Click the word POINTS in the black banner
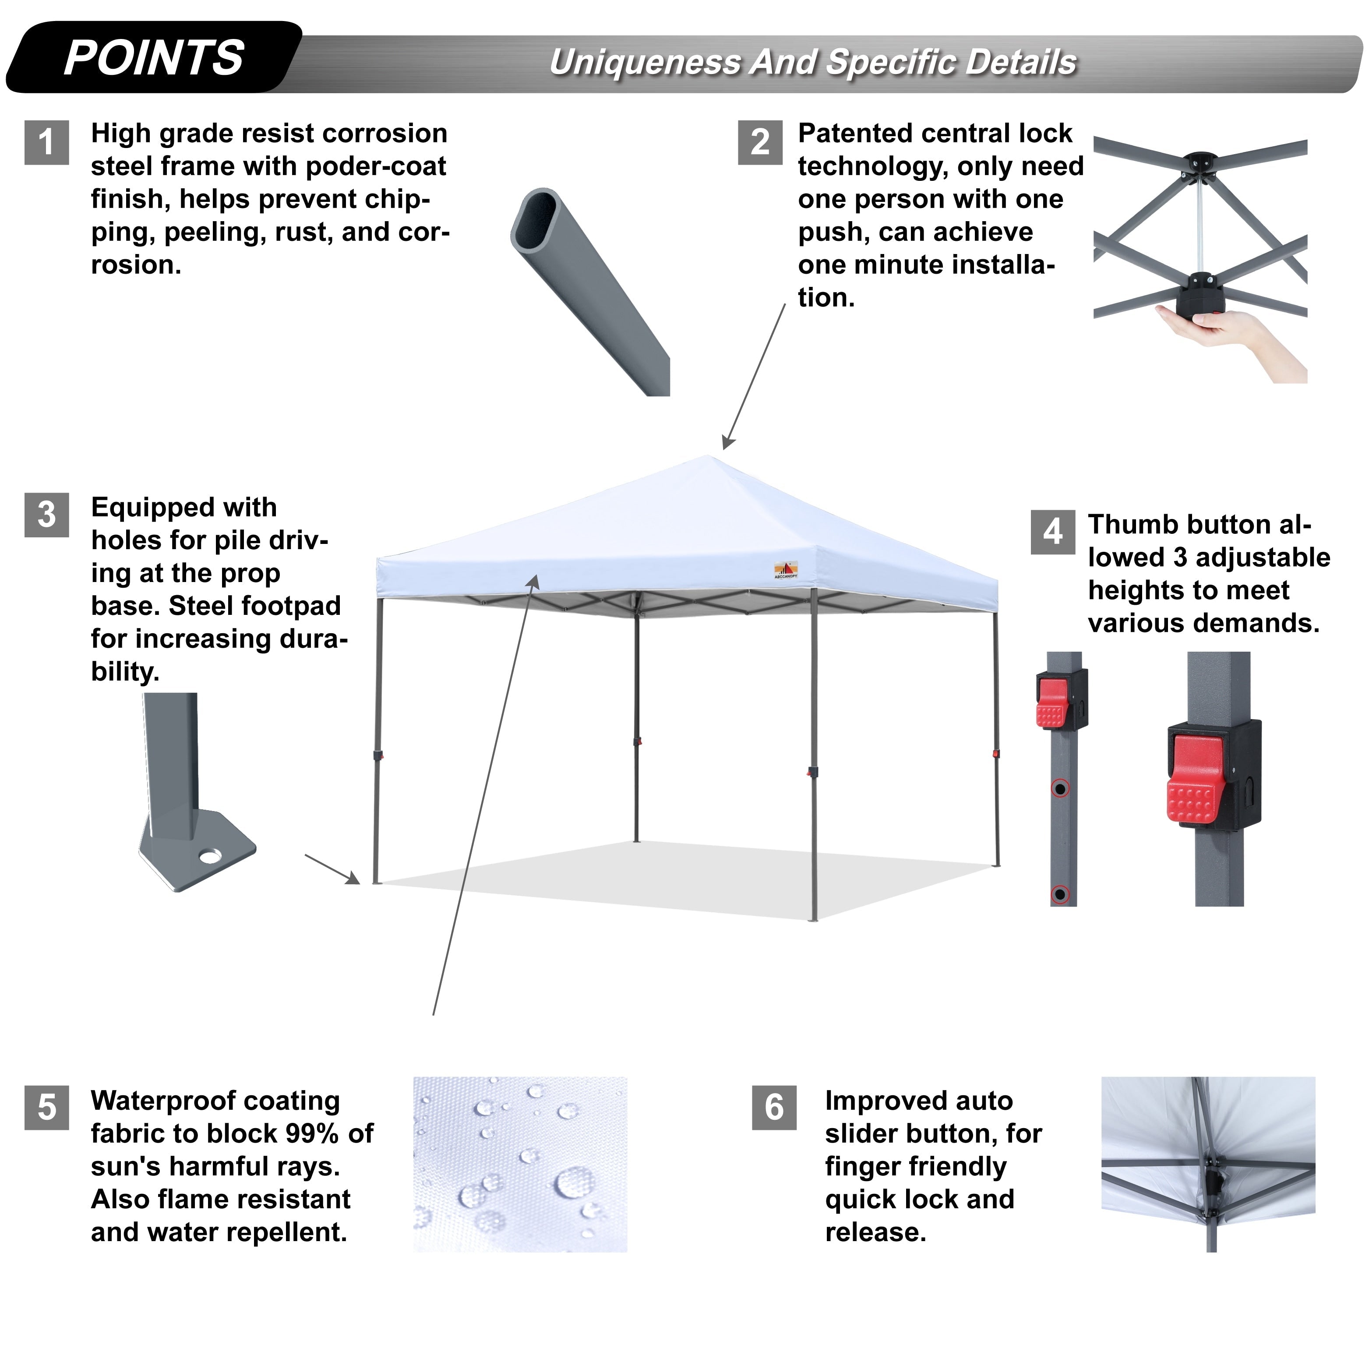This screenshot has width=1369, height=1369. click(x=154, y=58)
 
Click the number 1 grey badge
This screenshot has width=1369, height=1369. click(x=47, y=142)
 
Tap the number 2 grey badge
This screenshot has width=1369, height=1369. click(x=760, y=142)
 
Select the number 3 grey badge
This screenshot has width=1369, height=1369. click(x=47, y=515)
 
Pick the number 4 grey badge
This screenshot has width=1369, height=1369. click(x=1053, y=532)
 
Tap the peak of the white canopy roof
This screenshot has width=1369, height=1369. click(x=708, y=457)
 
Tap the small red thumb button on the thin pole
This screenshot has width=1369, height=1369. click(x=1051, y=705)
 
